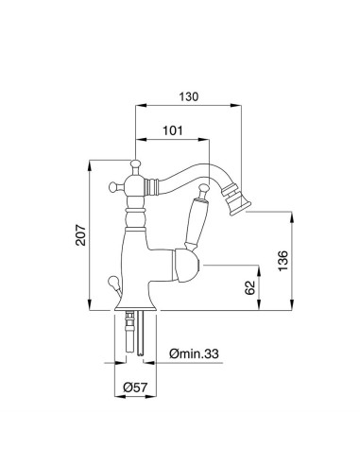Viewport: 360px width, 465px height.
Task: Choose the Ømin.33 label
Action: click(x=195, y=353)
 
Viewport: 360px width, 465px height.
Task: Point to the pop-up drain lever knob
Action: click(x=111, y=281)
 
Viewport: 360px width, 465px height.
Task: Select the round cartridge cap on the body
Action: click(x=189, y=267)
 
